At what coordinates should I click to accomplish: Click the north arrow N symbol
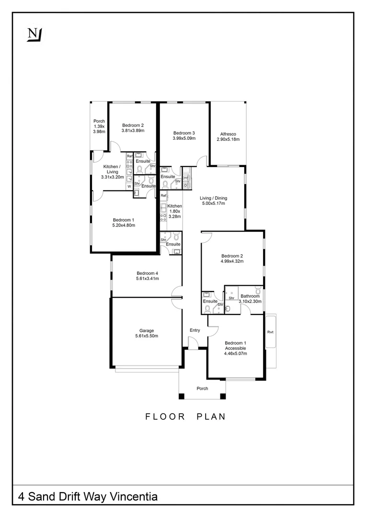point(34,34)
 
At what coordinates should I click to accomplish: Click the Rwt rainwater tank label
point(270,332)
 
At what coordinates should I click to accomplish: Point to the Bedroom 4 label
point(147,273)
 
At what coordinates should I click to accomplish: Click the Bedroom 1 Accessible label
point(235,346)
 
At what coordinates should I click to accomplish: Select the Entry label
point(194,330)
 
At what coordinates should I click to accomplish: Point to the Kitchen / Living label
point(112,169)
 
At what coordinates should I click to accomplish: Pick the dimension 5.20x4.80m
point(124,225)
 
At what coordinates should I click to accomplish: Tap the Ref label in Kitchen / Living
point(129,157)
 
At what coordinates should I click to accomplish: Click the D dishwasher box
point(185,185)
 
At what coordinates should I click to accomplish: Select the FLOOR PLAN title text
point(185,416)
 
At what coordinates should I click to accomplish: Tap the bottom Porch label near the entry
point(202,388)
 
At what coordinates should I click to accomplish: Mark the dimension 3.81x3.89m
point(133,130)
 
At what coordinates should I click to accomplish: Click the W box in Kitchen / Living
point(129,186)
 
